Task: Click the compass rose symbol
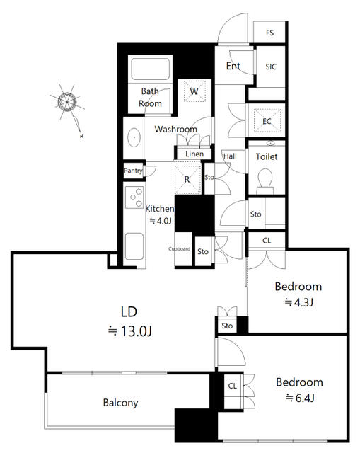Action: coord(67,102)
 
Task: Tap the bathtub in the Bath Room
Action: coord(150,69)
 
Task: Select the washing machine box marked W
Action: coord(194,91)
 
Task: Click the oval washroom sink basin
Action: coord(134,137)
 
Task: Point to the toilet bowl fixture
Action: coord(265,181)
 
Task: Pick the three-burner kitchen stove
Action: coord(134,197)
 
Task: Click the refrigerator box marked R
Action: coord(187,179)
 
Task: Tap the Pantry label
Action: coord(133,171)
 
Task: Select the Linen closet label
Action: coord(194,154)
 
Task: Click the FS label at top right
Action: coord(269,33)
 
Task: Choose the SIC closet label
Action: coord(271,67)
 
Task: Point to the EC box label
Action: coord(267,121)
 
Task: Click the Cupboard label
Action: coord(179,248)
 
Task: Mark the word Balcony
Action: coord(120,403)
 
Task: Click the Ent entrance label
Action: coord(233,66)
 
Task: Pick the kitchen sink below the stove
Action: coord(134,246)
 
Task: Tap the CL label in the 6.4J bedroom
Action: coord(233,386)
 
